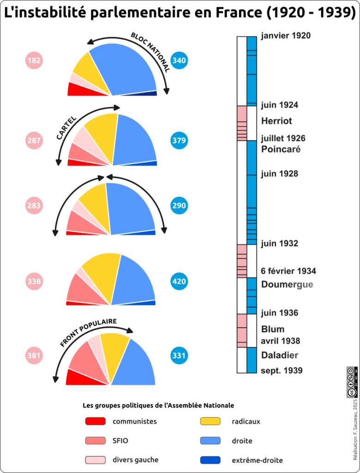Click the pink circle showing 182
coord(34,61)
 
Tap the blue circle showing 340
coord(179,61)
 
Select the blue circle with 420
coord(179,281)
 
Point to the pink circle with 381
coord(34,356)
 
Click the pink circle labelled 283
coord(34,206)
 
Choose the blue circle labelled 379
coord(179,140)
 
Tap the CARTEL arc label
coord(66,127)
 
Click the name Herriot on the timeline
coord(276,121)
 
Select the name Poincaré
coord(281,150)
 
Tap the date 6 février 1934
coord(288,271)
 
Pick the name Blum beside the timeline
coord(272,329)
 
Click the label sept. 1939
coord(282,370)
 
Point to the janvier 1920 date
coord(285,36)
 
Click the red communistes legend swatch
coord(96,421)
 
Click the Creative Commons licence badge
coord(351,382)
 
